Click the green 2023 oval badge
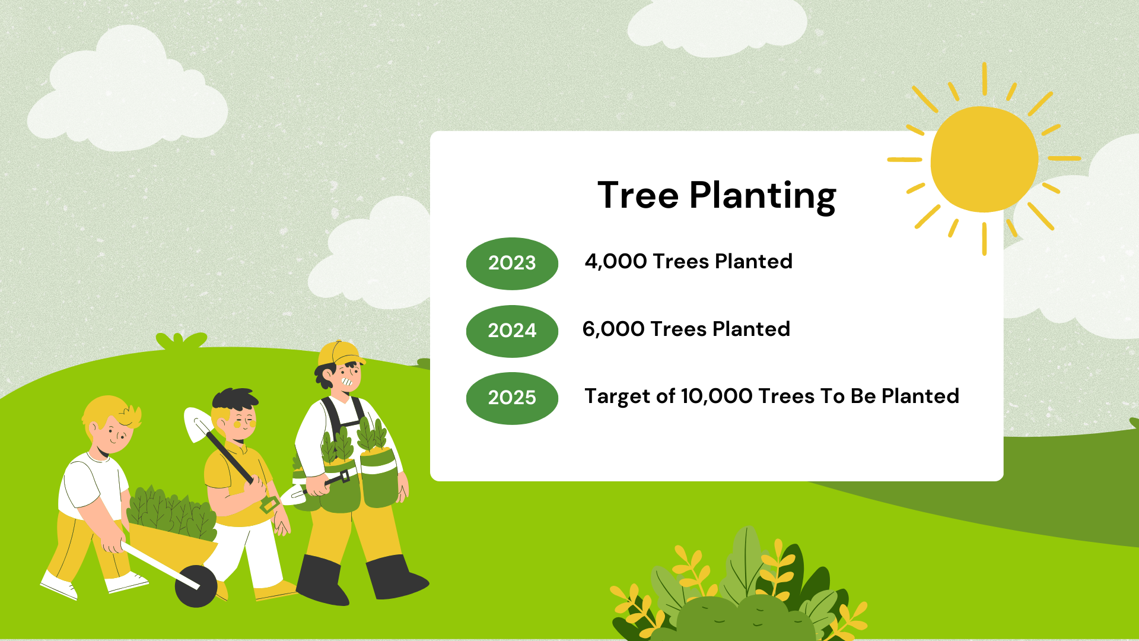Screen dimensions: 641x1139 (x=512, y=264)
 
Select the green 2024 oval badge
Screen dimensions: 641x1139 (x=512, y=331)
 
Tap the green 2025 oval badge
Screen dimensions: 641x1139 (x=512, y=398)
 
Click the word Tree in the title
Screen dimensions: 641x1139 (x=638, y=195)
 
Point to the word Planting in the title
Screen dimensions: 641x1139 (x=762, y=196)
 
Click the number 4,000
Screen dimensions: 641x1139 (x=616, y=262)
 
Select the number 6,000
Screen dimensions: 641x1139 (x=613, y=329)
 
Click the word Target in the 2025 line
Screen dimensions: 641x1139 (x=617, y=396)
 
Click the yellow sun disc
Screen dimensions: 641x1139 (x=984, y=159)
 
